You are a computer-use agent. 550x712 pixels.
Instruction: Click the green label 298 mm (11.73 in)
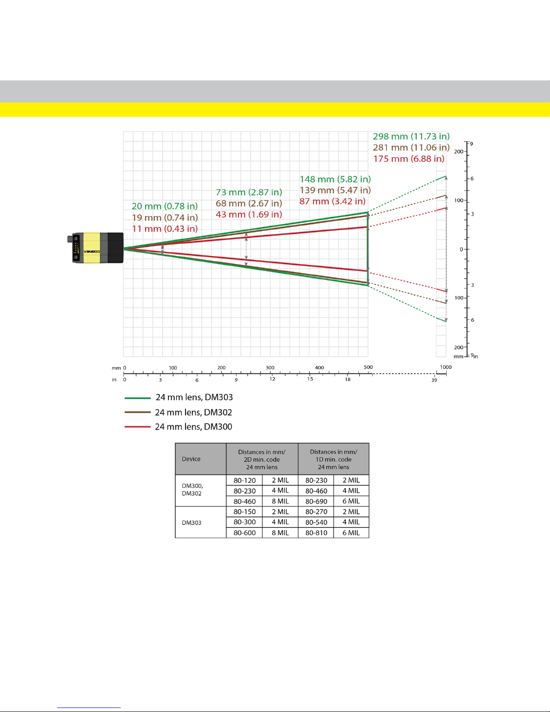tap(411, 136)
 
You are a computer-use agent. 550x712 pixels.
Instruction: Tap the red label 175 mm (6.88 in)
tap(409, 159)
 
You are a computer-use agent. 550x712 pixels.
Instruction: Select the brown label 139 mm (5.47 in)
tap(335, 190)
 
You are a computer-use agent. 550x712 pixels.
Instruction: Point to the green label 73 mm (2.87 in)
tap(249, 192)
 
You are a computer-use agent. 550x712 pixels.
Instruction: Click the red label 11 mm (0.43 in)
tap(165, 229)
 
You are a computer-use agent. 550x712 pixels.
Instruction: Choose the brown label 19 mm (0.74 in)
tap(165, 217)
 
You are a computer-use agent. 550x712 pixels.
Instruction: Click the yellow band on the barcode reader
tap(92, 248)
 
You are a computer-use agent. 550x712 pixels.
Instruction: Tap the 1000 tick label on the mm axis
tap(445, 367)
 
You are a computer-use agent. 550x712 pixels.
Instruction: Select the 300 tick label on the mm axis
tap(270, 367)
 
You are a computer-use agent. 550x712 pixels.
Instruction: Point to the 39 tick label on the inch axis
tap(434, 380)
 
